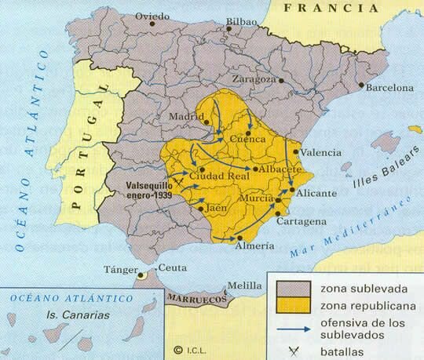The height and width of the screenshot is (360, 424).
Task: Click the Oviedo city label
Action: [152, 16]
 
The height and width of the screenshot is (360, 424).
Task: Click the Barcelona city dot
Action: [361, 85]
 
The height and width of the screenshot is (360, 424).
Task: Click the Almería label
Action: [255, 245]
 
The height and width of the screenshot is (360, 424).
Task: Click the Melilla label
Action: [242, 285]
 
